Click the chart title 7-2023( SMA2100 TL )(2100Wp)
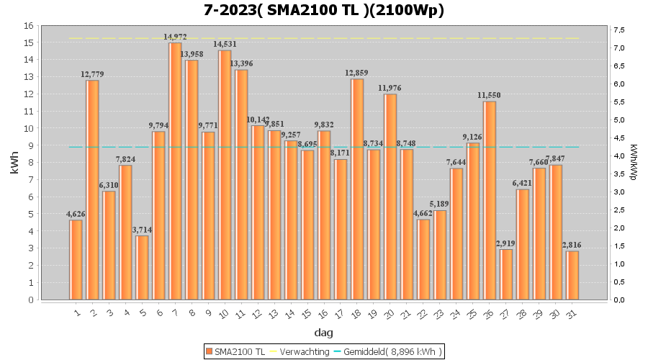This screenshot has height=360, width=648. (323, 10)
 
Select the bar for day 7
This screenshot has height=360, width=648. (175, 171)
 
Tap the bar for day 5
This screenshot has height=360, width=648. (142, 267)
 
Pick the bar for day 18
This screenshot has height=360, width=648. (357, 189)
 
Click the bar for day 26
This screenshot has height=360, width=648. (490, 200)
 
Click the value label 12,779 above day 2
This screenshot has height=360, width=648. (93, 74)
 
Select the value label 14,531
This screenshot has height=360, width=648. (225, 45)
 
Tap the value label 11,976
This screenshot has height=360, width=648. (390, 88)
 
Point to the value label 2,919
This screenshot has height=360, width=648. (506, 243)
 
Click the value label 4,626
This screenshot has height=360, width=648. (76, 214)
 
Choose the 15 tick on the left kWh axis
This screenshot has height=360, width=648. (28, 42)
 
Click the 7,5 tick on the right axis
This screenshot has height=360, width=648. (619, 30)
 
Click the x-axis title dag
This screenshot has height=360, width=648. (323, 333)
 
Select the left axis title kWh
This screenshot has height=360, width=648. (14, 163)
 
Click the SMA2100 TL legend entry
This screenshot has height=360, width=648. (235, 351)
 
